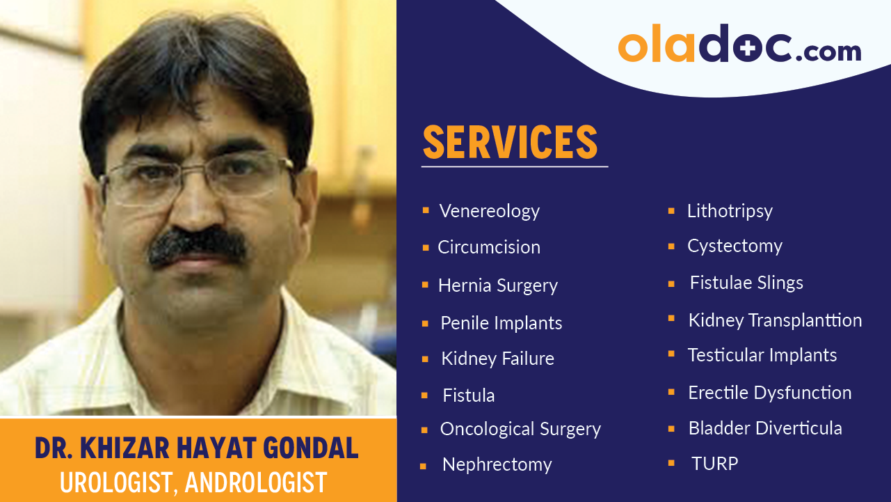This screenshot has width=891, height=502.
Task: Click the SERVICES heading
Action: point(510,142)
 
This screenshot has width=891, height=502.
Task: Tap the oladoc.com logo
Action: point(739,46)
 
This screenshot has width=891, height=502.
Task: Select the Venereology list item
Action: point(489,211)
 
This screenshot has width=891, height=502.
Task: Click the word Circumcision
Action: point(488,247)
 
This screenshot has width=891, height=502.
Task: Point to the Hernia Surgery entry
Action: point(497,285)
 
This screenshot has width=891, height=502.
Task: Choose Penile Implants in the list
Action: point(501,323)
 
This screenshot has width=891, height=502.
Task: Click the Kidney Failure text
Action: point(497,359)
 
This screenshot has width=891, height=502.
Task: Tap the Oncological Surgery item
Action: point(520,430)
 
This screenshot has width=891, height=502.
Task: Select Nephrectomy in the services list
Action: point(497,464)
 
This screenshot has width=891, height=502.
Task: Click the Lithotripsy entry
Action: point(730,211)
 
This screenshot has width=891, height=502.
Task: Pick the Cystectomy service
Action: point(735,246)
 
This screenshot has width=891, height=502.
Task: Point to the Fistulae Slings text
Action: point(746,283)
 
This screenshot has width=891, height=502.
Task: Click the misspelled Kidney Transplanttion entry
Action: point(774,320)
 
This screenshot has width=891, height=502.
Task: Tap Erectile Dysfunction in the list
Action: point(769,393)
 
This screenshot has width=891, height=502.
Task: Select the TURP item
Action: point(714,464)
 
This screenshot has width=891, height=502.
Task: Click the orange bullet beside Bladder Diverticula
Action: point(671,428)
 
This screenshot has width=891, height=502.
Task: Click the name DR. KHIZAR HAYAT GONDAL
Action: point(197,449)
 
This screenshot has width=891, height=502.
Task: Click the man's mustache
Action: point(198,247)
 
